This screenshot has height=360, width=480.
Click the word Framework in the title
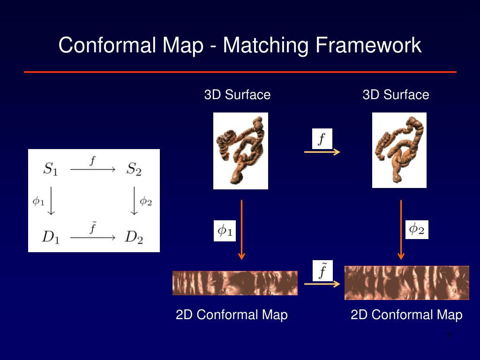(x=368, y=46)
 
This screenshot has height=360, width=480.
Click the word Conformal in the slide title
(x=108, y=46)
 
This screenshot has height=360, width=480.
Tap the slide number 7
(x=448, y=336)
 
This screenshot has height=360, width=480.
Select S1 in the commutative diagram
(x=51, y=169)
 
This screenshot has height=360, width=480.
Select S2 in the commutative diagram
(x=134, y=169)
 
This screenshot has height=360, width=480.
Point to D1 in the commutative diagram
(x=51, y=237)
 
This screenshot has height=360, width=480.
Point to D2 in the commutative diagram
(x=134, y=237)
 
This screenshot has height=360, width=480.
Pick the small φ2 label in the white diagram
(x=146, y=202)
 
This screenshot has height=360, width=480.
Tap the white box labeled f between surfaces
(x=322, y=139)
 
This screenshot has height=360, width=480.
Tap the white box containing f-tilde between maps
(x=322, y=270)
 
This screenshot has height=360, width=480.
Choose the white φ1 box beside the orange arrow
(x=225, y=231)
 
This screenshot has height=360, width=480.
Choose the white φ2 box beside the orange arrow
(x=417, y=229)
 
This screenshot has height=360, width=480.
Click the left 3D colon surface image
(x=240, y=151)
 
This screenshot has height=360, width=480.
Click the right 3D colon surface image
(x=399, y=150)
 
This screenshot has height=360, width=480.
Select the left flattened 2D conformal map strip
(x=235, y=283)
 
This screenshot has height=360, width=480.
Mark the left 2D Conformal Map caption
(x=232, y=315)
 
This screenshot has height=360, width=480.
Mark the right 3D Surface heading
(x=396, y=95)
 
